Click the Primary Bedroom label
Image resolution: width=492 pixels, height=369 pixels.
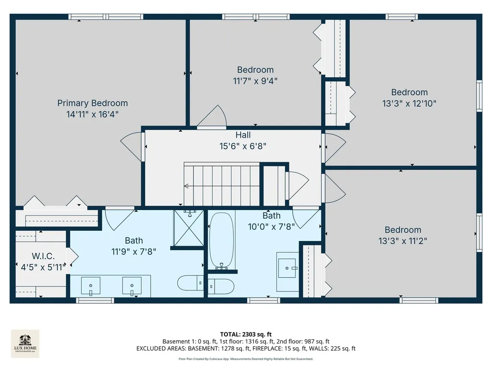click(x=93, y=103)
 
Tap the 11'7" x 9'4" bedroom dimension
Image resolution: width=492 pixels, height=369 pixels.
click(x=255, y=81)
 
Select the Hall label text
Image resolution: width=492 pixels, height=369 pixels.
click(x=243, y=135)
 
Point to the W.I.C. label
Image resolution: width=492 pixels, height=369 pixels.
click(x=43, y=256)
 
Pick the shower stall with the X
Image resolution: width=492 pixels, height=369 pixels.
click(x=189, y=228)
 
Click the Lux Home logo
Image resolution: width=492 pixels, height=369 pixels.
click(x=25, y=344)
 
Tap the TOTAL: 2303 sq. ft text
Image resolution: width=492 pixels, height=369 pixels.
click(x=246, y=334)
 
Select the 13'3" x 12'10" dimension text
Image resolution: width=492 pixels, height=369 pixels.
click(x=409, y=103)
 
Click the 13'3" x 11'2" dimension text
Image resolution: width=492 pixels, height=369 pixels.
click(x=403, y=241)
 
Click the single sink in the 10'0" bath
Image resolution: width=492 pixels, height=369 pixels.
click(x=287, y=268)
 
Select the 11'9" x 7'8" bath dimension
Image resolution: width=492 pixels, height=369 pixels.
click(x=133, y=251)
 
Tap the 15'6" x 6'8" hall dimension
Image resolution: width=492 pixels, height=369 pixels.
click(x=243, y=146)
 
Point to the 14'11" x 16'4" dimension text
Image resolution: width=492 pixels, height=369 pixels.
click(x=92, y=114)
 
